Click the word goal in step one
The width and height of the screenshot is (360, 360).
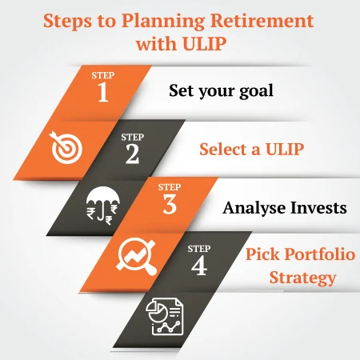pyautogui.click(x=252, y=90)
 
